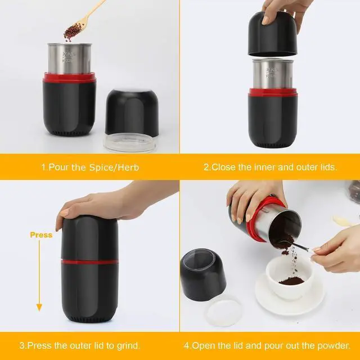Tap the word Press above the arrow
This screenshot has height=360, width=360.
tap(41, 235)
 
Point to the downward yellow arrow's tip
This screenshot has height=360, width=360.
tap(39, 310)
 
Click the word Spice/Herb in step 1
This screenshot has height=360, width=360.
tap(114, 168)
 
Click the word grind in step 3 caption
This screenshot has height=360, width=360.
tap(128, 346)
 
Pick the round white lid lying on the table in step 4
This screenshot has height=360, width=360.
tap(223, 311)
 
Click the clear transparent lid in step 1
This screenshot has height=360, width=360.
tap(130, 142)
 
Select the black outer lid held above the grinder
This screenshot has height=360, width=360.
tap(272, 34)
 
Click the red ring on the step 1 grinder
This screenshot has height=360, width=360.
tap(69, 78)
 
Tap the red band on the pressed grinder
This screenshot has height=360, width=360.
tap(90, 262)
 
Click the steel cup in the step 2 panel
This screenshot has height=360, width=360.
tap(273, 74)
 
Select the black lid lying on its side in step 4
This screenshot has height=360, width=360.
tap(203, 274)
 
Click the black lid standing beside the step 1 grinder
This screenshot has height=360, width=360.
tap(132, 113)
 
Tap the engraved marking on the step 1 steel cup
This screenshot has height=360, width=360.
tap(69, 57)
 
